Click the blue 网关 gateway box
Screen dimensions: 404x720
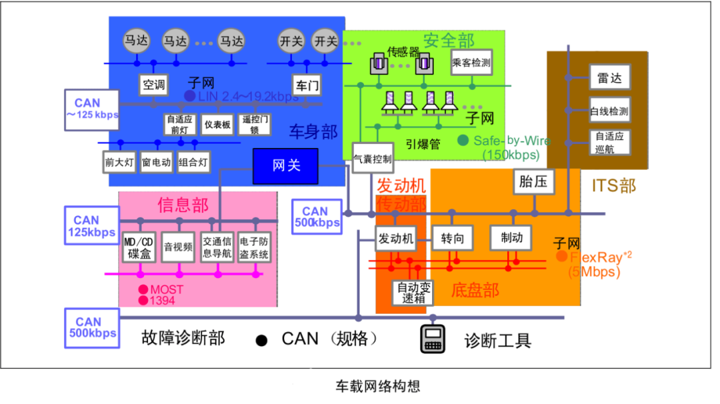tap(286, 165)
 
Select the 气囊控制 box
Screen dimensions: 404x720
tap(372, 159)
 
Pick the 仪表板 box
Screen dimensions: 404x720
tap(217, 124)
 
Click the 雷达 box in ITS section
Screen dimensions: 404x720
tap(609, 78)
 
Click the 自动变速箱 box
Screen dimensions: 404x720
tap(413, 293)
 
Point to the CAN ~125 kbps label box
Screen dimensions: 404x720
tap(92, 109)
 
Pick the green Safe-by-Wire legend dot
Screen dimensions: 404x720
tap(463, 141)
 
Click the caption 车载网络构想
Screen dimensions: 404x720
tap(377, 386)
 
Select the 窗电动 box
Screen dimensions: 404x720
tap(157, 162)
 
